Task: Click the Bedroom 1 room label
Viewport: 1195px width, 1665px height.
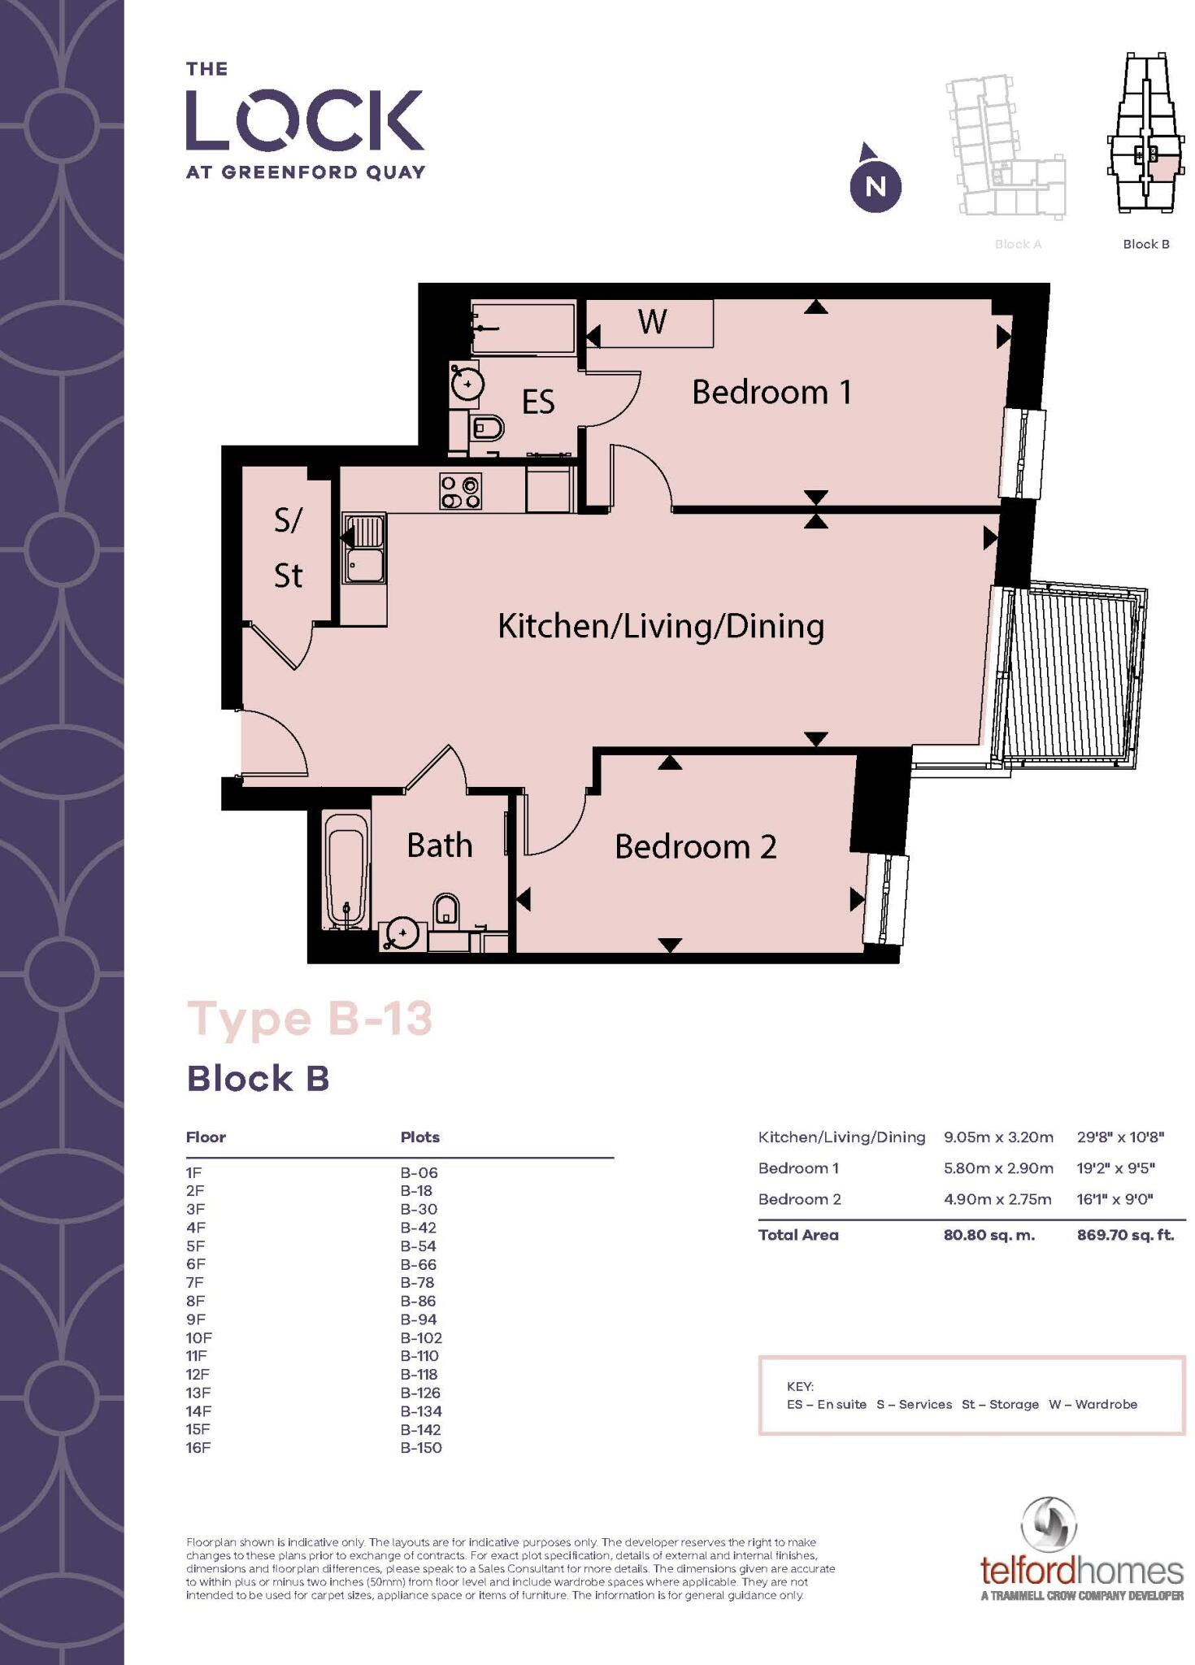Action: (771, 393)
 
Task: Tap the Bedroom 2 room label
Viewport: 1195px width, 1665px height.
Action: (695, 847)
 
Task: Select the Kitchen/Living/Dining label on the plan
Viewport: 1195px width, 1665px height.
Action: (660, 627)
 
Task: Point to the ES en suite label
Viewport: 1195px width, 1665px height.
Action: (537, 402)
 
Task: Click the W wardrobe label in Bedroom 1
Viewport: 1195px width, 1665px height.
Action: (652, 322)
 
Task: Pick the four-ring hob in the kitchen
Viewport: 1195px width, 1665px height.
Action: (460, 492)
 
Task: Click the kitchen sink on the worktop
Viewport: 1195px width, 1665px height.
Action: (364, 549)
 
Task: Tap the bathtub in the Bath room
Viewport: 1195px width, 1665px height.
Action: (345, 870)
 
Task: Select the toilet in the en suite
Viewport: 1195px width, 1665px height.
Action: (487, 427)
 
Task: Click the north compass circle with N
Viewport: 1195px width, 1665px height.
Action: (876, 187)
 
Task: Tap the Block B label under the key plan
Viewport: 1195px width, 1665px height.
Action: (1145, 244)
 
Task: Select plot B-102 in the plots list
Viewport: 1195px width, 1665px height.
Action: (421, 1337)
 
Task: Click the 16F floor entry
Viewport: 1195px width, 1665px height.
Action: (198, 1447)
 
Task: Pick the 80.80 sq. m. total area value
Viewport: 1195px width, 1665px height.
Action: (989, 1235)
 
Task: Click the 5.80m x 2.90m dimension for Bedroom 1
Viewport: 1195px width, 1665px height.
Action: (997, 1168)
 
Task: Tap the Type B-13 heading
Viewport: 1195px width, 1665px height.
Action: (310, 1019)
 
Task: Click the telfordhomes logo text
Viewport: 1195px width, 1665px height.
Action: (1081, 1570)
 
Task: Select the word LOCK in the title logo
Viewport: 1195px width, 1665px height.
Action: (305, 120)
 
